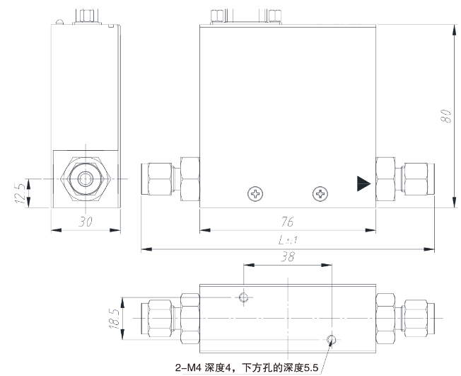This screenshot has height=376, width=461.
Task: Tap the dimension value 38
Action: (286, 258)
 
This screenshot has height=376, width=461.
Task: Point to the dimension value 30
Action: (86, 222)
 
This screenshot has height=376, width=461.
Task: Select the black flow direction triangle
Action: (363, 184)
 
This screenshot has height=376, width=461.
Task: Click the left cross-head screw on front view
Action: (254, 193)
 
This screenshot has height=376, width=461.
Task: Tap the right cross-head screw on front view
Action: (320, 193)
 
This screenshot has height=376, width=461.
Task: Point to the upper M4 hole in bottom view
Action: (244, 296)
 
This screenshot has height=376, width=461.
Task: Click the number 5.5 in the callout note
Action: (310, 368)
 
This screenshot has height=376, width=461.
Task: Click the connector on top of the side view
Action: (88, 14)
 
